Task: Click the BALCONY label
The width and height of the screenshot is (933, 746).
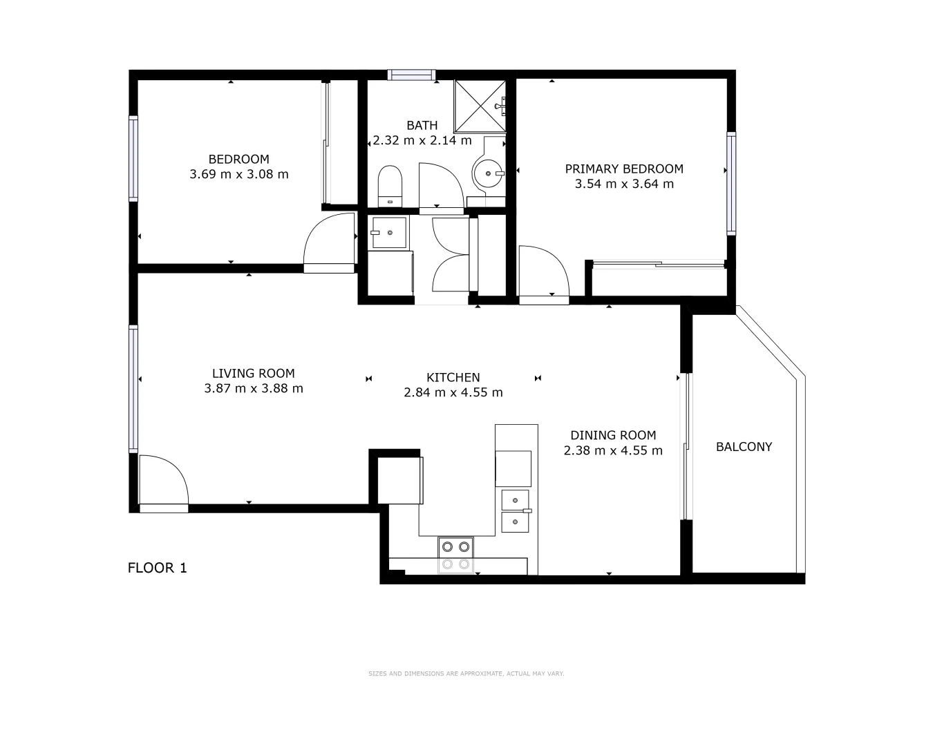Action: point(744,447)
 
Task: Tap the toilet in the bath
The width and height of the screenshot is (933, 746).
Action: point(390,185)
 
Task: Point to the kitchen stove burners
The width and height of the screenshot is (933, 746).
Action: point(455,555)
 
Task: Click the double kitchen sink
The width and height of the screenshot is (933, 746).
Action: point(515,510)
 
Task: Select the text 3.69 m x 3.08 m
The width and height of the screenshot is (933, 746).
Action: point(238,175)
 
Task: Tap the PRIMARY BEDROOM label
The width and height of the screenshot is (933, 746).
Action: point(623,169)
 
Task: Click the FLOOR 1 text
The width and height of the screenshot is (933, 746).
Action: point(158,568)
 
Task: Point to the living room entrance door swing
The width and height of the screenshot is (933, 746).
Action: point(163,481)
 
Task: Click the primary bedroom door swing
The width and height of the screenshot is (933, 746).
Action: point(543,274)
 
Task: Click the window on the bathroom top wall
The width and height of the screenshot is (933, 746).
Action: point(411,75)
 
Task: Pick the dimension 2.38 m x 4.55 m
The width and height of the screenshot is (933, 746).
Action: point(613,451)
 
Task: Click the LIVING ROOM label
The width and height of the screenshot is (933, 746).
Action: point(253,373)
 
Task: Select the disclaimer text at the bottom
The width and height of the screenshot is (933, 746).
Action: point(466,673)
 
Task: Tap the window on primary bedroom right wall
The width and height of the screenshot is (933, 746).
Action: point(731,183)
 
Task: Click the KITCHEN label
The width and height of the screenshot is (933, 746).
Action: point(453,377)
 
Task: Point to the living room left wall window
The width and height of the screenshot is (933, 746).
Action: point(133,389)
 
